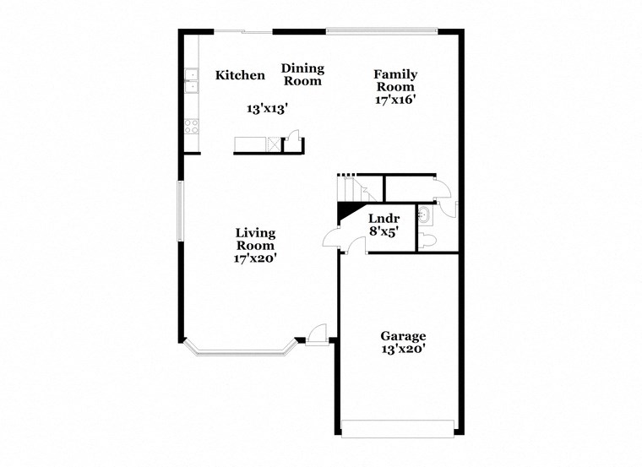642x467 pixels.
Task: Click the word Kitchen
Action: (240, 75)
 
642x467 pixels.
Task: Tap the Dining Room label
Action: (302, 75)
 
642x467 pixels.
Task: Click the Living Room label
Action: (255, 239)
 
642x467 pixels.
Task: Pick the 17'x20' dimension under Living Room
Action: (255, 258)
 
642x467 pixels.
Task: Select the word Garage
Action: (402, 335)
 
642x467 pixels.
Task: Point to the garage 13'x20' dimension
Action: (402, 348)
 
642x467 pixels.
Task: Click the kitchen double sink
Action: (192, 81)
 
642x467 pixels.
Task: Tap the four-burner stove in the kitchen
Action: (192, 127)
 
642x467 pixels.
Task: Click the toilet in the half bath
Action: (428, 242)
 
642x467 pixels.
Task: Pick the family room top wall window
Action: (382, 32)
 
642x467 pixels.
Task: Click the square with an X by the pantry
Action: (275, 144)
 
